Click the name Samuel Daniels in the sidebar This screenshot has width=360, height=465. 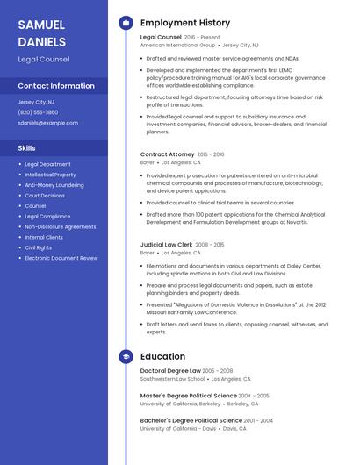[x=42, y=32]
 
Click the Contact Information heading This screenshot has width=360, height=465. [x=56, y=86]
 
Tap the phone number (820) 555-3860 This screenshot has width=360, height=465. [x=38, y=112]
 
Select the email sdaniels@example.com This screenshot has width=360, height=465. [x=47, y=123]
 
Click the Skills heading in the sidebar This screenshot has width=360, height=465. [x=26, y=148]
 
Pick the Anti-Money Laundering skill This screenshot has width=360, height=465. [x=54, y=185]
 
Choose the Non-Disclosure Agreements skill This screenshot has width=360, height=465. [x=61, y=226]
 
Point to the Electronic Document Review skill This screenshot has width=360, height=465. [x=61, y=258]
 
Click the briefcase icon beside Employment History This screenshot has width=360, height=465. [x=126, y=23]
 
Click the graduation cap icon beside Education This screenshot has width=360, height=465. [x=126, y=357]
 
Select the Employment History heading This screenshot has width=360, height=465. [x=185, y=23]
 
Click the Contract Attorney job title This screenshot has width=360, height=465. [x=167, y=154]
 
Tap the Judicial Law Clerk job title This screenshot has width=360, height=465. [x=167, y=245]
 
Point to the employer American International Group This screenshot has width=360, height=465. [x=176, y=45]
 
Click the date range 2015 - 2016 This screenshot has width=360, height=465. [x=211, y=154]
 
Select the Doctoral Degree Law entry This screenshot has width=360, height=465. [x=170, y=371]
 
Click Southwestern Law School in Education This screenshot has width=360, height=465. [x=172, y=379]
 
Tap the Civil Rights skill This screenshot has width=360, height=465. [x=38, y=247]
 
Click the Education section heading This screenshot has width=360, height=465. [x=162, y=357]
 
